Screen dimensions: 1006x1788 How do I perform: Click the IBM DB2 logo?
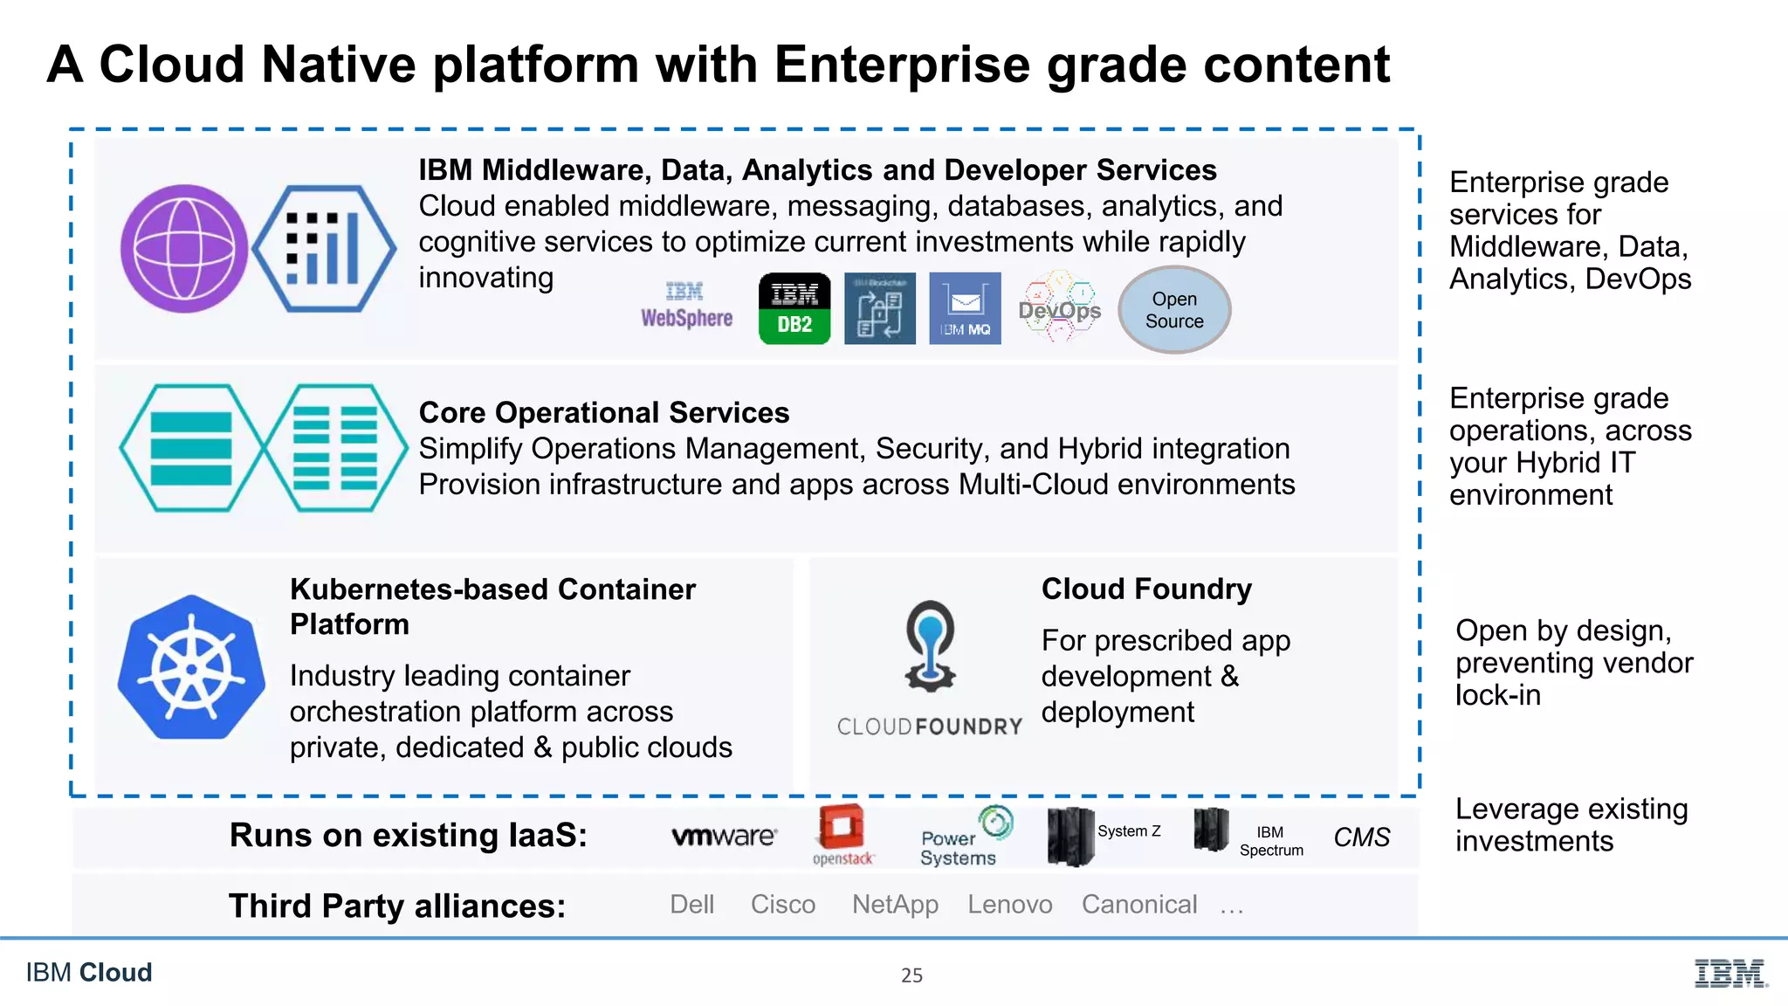[x=794, y=308]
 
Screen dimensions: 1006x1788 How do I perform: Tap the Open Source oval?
[x=1174, y=310]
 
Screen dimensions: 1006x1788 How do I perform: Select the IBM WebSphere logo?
[x=686, y=306]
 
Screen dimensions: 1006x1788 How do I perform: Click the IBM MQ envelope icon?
[x=965, y=308]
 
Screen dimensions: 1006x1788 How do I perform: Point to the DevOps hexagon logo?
[x=1059, y=307]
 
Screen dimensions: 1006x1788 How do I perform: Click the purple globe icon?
[x=184, y=249]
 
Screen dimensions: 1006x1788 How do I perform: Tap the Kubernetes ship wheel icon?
[x=191, y=668]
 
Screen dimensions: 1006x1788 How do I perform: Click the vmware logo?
[x=724, y=837]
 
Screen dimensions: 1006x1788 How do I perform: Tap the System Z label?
[x=1129, y=831]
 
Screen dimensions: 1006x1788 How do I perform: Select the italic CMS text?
[x=1361, y=837]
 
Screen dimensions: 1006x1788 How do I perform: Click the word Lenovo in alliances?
[x=1009, y=905]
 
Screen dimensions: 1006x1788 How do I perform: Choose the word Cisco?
[x=782, y=905]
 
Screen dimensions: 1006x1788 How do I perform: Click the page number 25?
[x=911, y=975]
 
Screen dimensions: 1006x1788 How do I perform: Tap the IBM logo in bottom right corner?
[x=1730, y=973]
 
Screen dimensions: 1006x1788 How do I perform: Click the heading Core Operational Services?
[x=603, y=412]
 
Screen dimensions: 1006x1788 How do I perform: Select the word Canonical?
[x=1138, y=905]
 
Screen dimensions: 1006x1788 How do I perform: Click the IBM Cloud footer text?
[x=89, y=972]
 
